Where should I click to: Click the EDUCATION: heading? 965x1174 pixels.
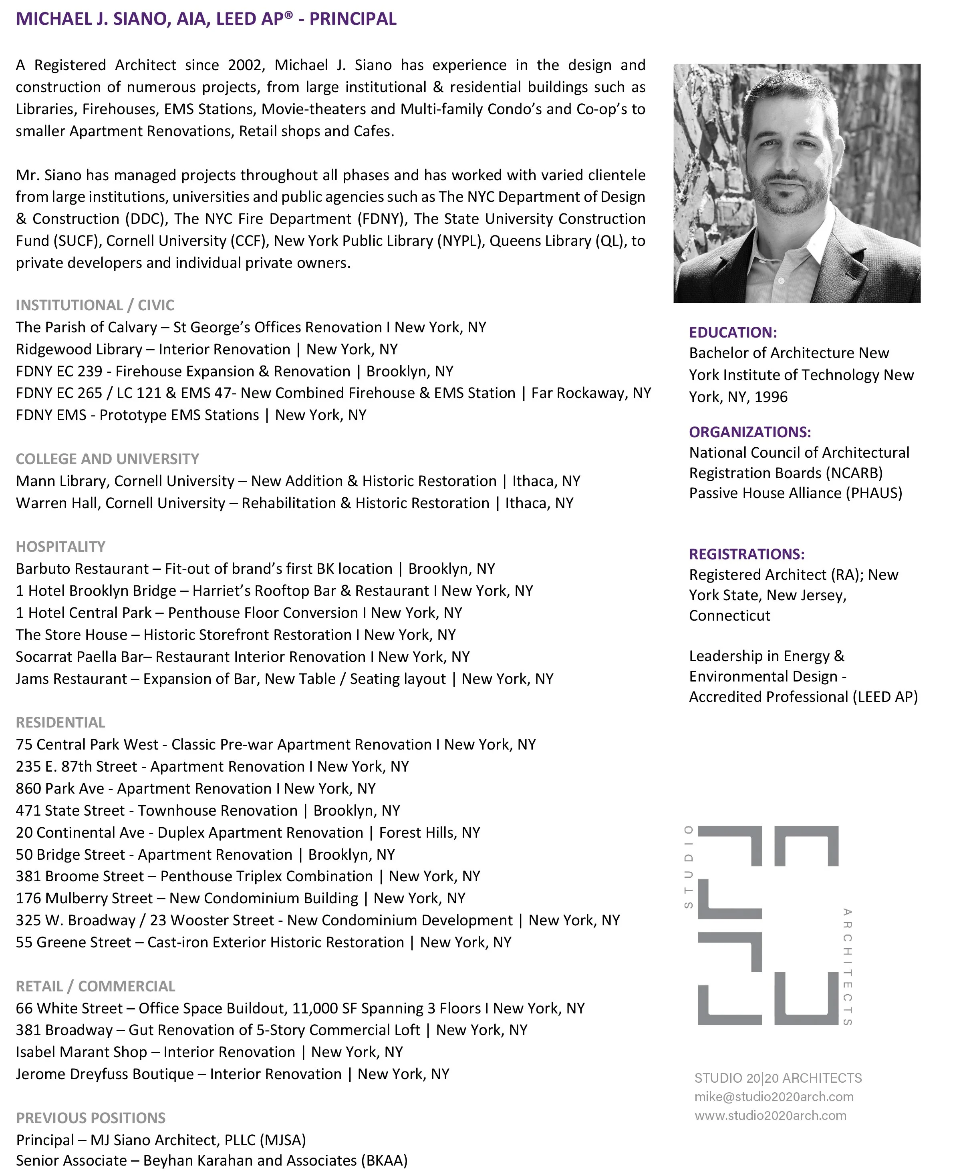(x=733, y=332)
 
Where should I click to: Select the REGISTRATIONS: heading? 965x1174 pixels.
(x=747, y=554)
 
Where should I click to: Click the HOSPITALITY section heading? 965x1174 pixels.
(x=60, y=546)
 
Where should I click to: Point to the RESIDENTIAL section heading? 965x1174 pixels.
(x=60, y=722)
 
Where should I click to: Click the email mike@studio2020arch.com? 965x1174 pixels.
(x=774, y=1096)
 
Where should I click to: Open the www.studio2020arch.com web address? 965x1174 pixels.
(x=770, y=1115)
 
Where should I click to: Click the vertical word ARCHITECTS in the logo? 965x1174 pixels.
(x=847, y=967)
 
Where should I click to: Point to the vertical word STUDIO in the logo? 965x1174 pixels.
(x=688, y=867)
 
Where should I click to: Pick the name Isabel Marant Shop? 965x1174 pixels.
(x=81, y=1052)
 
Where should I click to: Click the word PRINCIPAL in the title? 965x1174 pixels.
(x=353, y=19)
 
